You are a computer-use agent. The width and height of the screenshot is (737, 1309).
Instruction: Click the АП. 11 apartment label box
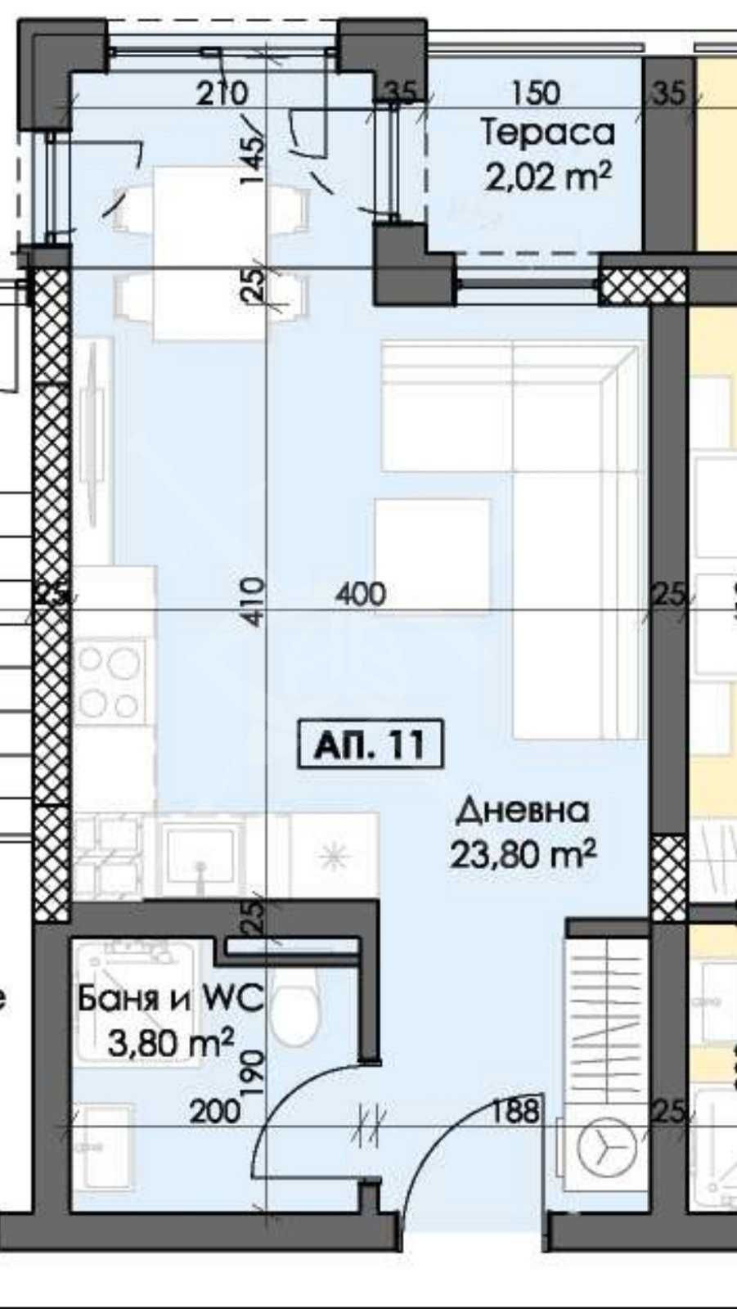[371, 744]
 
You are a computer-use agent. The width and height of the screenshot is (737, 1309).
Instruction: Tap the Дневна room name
[522, 810]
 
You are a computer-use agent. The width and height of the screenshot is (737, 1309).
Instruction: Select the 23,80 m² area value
[522, 855]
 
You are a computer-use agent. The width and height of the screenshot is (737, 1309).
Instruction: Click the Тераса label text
[546, 133]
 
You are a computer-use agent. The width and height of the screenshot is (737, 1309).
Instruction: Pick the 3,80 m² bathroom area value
[171, 1042]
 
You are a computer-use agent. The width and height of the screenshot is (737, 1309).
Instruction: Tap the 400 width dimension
[360, 594]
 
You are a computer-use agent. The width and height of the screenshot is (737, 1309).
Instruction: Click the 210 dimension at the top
[222, 93]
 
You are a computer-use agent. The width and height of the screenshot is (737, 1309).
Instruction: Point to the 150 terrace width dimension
[536, 93]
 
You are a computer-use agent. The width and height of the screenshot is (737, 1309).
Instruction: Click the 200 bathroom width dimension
[214, 1111]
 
